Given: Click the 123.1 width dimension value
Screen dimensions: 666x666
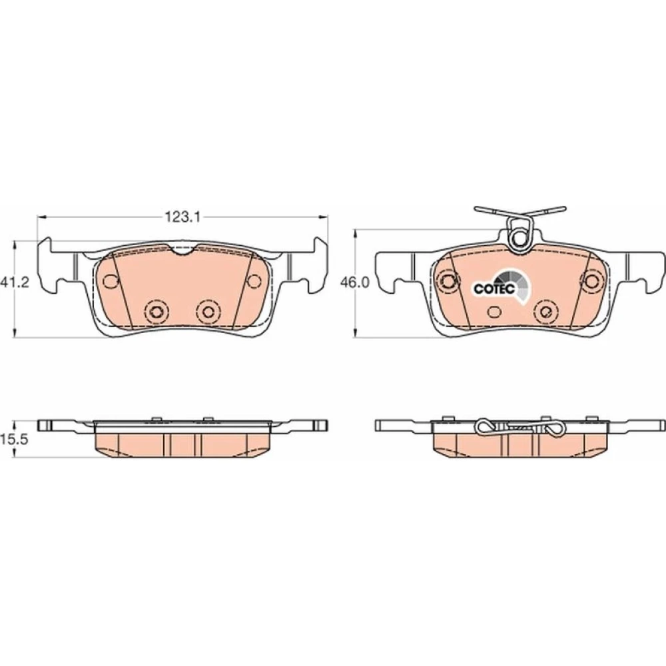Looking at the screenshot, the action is pos(182,218).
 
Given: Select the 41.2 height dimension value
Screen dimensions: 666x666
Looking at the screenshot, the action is pos(15,282).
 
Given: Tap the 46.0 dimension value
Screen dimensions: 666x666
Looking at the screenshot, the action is pos(355,282).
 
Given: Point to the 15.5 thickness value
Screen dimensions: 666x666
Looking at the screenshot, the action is pos(15,439).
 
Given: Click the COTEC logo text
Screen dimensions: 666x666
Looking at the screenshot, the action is pos(494,289).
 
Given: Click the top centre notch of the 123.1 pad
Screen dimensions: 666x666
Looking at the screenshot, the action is pos(182,250).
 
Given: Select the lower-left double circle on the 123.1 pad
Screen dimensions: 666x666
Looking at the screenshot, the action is pos(156,311).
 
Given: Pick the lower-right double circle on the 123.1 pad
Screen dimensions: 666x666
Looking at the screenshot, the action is pos(208,311).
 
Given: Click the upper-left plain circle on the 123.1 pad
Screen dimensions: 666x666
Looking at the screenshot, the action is pos(111,280).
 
